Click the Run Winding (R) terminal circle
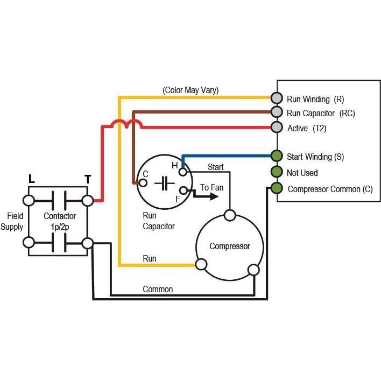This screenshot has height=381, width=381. click(277, 98)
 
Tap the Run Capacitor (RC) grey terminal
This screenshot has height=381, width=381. click(277, 112)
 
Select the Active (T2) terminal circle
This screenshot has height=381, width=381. click(277, 127)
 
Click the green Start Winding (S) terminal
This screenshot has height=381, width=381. click(277, 156)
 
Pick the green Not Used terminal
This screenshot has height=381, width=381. click(277, 172)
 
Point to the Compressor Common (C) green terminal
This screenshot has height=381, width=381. click(277, 188)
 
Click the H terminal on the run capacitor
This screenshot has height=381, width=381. click(183, 172)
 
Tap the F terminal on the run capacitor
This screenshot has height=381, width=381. click(184, 190)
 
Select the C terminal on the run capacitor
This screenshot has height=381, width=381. click(143, 183)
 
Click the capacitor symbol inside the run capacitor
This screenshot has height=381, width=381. click(165, 183)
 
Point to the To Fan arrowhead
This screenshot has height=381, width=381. click(214, 196)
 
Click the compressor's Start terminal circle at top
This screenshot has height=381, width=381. click(230, 215)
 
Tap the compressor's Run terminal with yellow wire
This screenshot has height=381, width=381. click(201, 265)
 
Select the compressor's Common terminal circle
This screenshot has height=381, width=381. click(253, 270)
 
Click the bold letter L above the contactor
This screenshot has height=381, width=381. click(32, 179)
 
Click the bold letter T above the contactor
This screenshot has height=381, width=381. click(88, 180)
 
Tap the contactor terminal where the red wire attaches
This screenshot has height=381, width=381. click(88, 201)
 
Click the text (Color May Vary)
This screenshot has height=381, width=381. click(190, 90)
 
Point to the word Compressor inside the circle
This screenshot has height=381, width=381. click(230, 246)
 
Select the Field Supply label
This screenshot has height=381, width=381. click(12, 221)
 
